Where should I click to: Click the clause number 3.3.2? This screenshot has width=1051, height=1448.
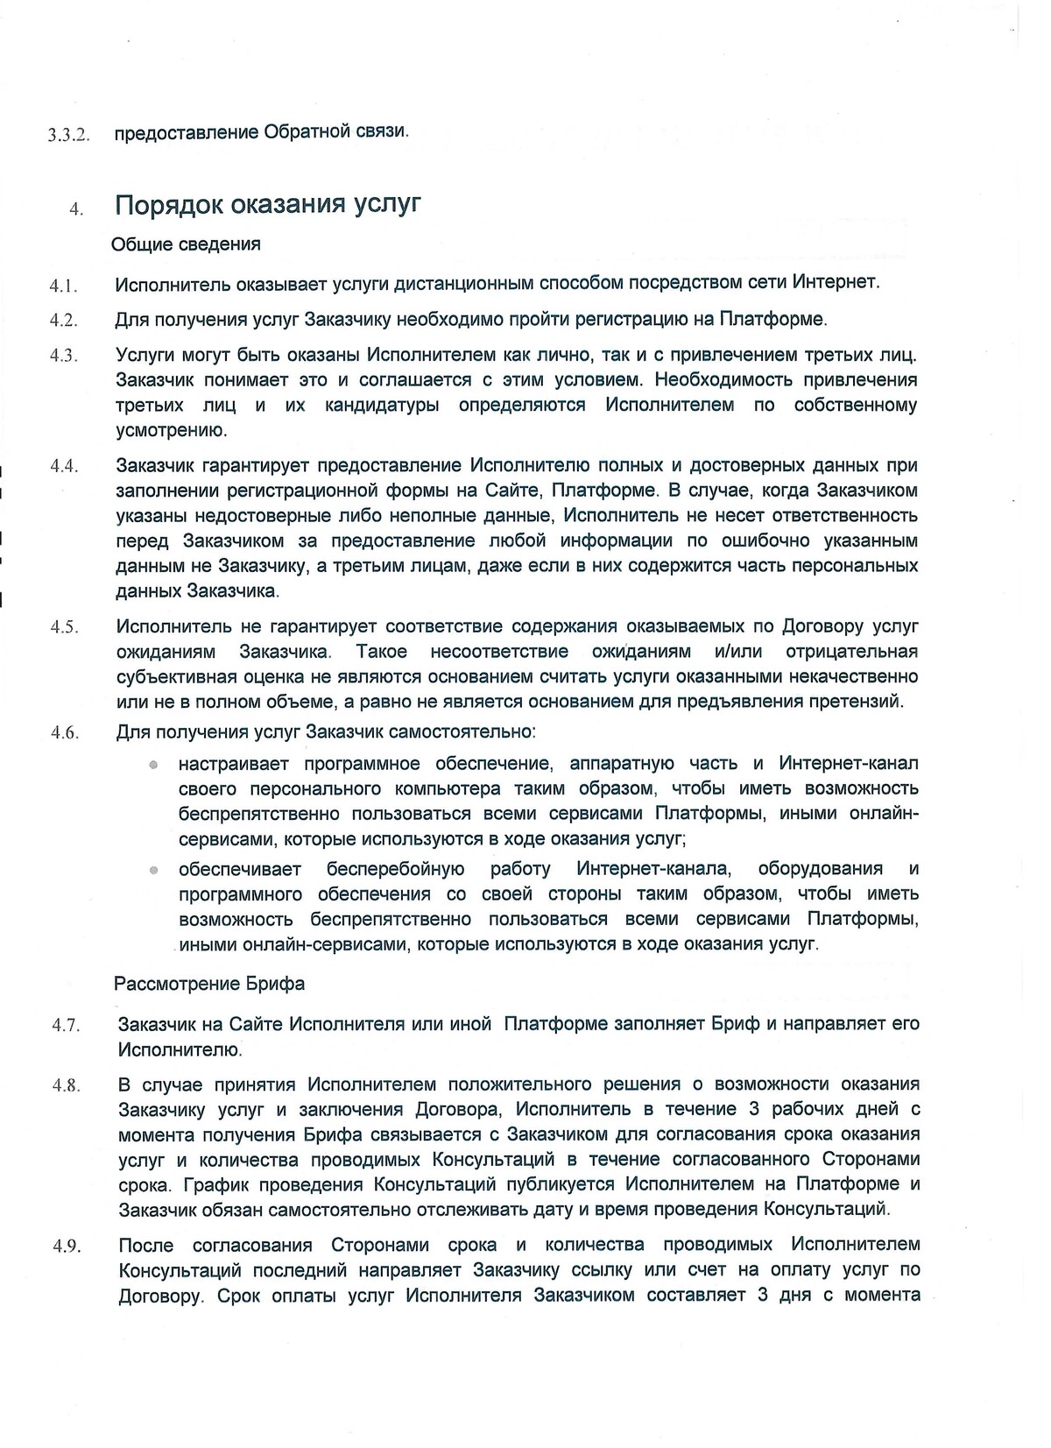[x=69, y=136]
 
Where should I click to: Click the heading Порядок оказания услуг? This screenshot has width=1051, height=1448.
[x=268, y=204]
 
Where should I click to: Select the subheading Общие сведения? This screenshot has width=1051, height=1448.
[x=186, y=244]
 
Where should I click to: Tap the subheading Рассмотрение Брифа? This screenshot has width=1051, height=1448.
[x=209, y=984]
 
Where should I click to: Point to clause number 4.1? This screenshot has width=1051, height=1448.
[x=64, y=286]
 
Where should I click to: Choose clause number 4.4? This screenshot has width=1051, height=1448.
[x=64, y=467]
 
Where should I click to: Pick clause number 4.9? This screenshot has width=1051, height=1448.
[x=66, y=1247]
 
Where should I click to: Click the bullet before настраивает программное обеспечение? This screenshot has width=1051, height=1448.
[x=152, y=765]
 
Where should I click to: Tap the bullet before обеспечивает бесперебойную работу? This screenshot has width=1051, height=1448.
[x=152, y=871]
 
